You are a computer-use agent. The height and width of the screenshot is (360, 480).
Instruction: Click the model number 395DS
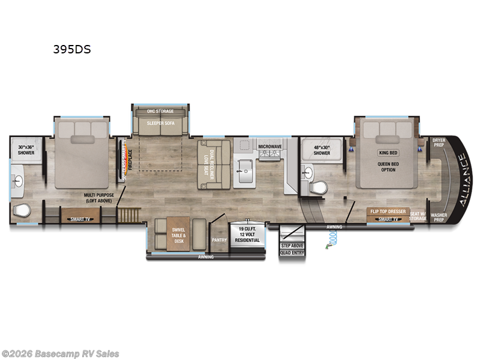point(71,50)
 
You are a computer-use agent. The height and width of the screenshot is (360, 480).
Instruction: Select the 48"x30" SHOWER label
point(322,150)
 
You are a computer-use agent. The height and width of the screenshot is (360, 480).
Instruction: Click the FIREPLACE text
point(128,157)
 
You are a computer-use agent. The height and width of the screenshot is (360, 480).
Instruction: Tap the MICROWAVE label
point(270,146)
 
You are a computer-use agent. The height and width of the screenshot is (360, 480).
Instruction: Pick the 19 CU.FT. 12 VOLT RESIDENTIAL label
point(249,235)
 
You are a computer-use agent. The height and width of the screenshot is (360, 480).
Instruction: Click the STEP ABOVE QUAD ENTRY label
point(293,248)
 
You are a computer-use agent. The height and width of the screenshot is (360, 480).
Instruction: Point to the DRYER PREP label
point(439,143)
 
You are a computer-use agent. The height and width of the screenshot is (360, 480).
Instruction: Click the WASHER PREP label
point(439,217)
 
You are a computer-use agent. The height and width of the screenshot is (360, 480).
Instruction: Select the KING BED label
point(388,153)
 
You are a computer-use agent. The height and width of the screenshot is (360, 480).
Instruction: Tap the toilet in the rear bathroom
point(22,211)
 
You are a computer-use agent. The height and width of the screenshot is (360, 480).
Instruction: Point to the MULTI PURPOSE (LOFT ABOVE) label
point(98,199)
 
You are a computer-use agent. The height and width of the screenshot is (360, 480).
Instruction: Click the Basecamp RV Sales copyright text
point(60,354)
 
